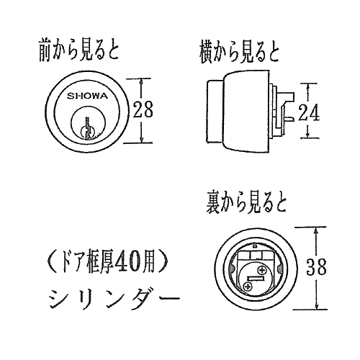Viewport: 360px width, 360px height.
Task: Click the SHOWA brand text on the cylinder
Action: coord(87,96)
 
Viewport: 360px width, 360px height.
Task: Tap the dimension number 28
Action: coord(143,109)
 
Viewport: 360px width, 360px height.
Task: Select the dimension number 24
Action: coord(309,112)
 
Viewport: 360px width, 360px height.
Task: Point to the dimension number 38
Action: coord(316,267)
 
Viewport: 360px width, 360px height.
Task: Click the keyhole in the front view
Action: coord(88,128)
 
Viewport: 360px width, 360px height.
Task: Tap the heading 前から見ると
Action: coord(78,50)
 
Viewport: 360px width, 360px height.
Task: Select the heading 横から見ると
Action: coord(239,53)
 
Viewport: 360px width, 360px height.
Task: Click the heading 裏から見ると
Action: coord(246,202)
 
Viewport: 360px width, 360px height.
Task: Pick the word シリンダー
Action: coord(114,298)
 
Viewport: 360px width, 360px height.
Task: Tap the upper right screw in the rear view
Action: coord(262,271)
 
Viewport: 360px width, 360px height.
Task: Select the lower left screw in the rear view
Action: coord(247,287)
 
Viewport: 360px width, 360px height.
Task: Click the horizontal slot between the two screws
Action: coord(256,279)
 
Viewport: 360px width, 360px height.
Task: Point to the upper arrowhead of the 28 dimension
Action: coord(142,81)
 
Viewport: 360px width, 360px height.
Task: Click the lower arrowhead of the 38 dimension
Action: coord(317,306)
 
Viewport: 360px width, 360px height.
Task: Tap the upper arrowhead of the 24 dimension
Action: coord(308,87)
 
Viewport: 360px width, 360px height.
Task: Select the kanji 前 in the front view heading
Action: coord(45,50)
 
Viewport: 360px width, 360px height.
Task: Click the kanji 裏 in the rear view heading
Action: coord(212,202)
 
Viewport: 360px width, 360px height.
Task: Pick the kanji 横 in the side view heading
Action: coord(206,53)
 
